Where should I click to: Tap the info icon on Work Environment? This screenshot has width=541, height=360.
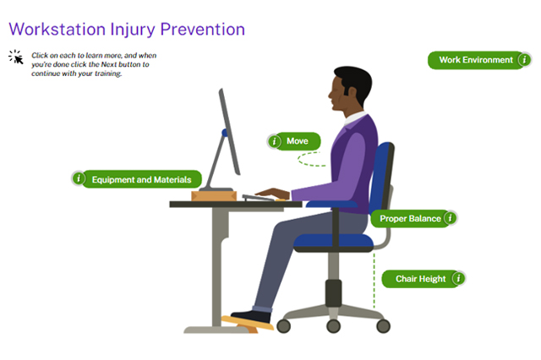coord(524,60)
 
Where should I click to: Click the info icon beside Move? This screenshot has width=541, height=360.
coord(274,141)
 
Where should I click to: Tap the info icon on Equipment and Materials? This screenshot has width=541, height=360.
coord(79,178)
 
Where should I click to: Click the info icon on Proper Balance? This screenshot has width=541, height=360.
coord(450,218)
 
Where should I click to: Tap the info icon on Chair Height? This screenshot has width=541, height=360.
coord(458,278)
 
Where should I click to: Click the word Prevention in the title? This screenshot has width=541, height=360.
coord(203,30)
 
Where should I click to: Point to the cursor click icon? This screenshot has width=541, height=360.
coord(16,57)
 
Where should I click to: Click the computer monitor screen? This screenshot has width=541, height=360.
coord(229,132)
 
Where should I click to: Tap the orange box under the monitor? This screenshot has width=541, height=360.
coord(214,196)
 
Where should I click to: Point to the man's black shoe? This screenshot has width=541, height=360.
coord(251,317)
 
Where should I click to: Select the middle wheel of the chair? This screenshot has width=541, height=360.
coord(333,326)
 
